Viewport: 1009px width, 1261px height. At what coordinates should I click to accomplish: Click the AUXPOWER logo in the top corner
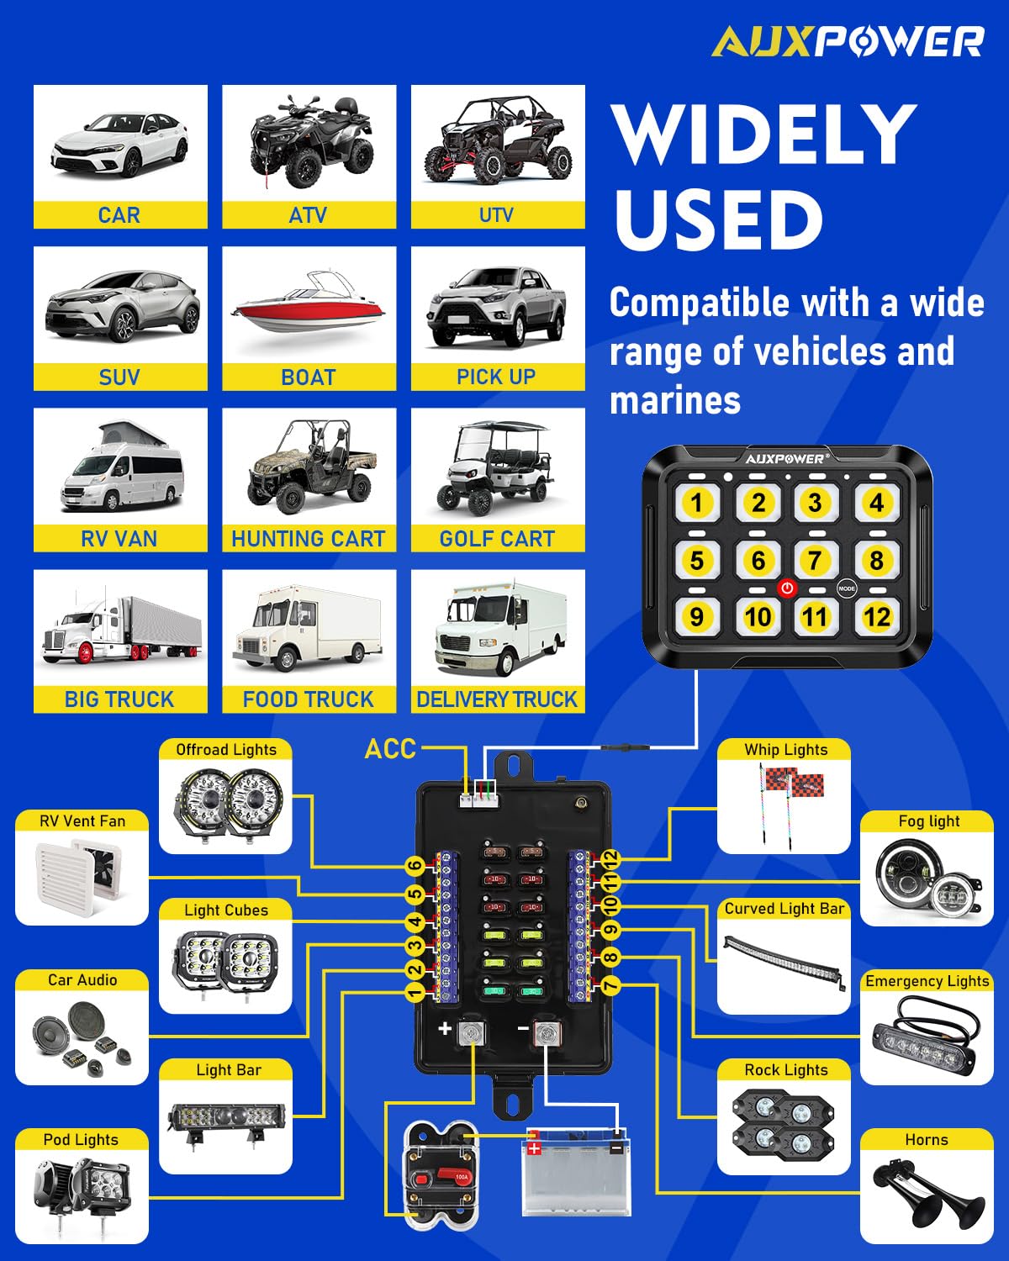click(848, 42)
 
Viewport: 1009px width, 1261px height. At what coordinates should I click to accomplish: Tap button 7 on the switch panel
click(815, 560)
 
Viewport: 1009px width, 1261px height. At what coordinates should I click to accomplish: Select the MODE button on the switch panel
click(846, 588)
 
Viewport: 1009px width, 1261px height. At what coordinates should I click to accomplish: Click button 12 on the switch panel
click(876, 616)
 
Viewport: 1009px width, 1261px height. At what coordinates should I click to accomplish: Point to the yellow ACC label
click(390, 748)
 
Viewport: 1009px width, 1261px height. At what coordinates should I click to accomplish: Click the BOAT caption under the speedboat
click(309, 377)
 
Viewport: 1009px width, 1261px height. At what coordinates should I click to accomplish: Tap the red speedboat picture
click(309, 305)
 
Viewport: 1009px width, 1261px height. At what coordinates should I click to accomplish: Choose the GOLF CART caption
click(497, 539)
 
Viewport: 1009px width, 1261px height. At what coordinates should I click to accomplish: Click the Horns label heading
click(927, 1139)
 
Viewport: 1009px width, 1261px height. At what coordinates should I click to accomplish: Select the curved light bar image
click(784, 961)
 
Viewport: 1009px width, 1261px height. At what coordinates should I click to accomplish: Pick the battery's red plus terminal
click(534, 1148)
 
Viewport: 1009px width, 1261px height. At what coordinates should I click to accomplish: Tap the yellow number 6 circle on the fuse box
click(415, 866)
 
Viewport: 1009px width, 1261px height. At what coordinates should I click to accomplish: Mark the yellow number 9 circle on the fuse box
click(610, 929)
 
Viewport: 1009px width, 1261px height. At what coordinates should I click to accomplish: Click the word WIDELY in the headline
click(763, 135)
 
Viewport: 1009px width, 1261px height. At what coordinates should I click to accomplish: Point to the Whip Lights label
click(786, 749)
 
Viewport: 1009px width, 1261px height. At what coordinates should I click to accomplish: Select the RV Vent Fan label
click(82, 821)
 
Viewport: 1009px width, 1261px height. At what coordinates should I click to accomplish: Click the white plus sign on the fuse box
click(445, 1028)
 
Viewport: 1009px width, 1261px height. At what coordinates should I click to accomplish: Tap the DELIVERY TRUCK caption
click(497, 699)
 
